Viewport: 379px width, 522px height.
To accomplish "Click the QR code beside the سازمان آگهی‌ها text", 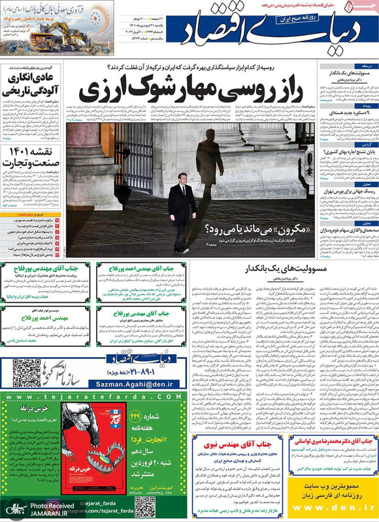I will (x=27, y=373).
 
